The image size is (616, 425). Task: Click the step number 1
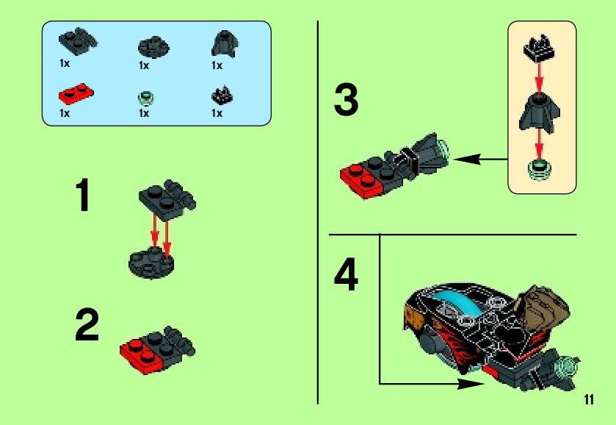[82, 195]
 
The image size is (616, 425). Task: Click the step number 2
[87, 325]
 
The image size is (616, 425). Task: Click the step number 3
[346, 100]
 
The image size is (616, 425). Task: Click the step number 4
[346, 274]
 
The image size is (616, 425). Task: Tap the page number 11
[589, 399]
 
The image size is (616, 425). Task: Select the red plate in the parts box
[76, 94]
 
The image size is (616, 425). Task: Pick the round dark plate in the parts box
[153, 47]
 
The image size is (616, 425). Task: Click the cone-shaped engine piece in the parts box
[225, 43]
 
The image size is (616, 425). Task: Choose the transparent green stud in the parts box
[146, 98]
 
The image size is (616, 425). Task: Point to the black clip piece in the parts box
[222, 95]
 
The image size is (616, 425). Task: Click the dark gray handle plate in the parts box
[78, 41]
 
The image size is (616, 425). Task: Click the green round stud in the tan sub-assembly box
[540, 170]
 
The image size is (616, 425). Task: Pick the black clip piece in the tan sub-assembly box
[539, 48]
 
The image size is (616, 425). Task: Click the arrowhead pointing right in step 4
[472, 384]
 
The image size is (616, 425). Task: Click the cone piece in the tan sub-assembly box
[540, 113]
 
